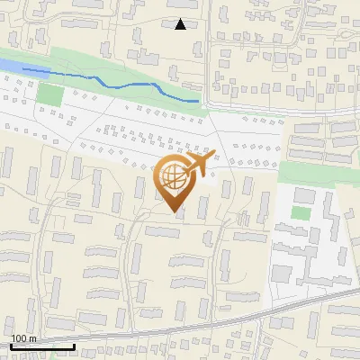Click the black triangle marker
tap(181, 24)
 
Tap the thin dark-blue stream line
tap(135, 84)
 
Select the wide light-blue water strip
tap(9, 67)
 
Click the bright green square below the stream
tap(50, 94)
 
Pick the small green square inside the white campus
tap(300, 213)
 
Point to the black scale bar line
tap(42, 346)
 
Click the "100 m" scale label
tap(24, 338)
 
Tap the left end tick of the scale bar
tap(12, 345)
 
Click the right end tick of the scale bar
tap(74, 345)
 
